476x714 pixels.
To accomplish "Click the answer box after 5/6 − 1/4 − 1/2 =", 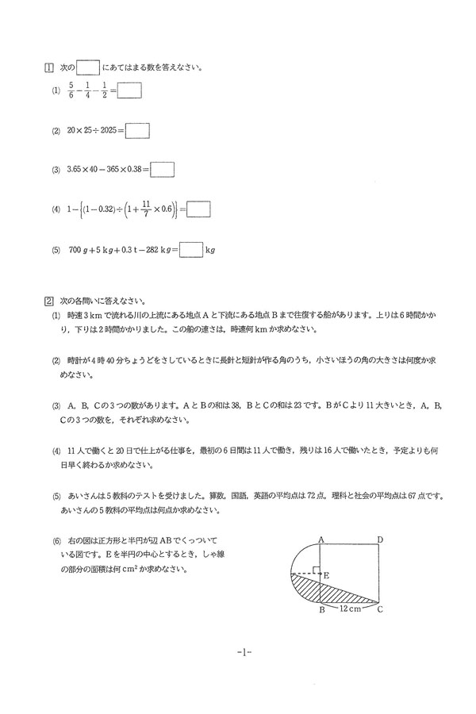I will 129,91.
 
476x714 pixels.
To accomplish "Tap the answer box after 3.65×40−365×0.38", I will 162,169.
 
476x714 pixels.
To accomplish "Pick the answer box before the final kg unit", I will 191,249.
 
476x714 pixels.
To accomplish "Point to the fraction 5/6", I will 71,91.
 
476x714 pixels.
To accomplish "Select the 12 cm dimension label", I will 351,609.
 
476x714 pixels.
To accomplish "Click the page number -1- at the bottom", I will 244,652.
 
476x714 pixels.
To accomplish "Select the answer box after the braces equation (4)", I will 198,209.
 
